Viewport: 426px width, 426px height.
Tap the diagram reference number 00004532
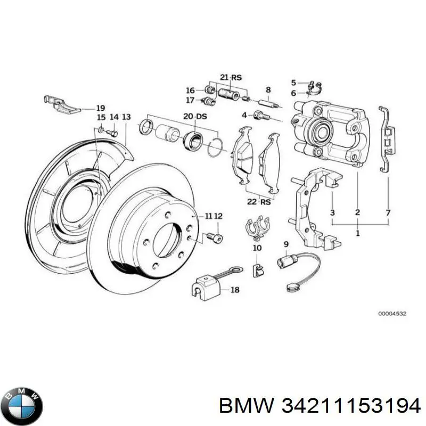[x=392, y=314]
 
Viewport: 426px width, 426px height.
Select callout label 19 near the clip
[x=85, y=107]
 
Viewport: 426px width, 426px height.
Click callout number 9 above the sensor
[x=286, y=244]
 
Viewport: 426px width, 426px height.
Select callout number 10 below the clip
[x=257, y=248]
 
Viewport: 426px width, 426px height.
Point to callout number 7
[x=388, y=212]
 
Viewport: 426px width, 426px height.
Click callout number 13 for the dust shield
[x=126, y=117]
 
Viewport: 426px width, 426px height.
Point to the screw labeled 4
[x=259, y=114]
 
